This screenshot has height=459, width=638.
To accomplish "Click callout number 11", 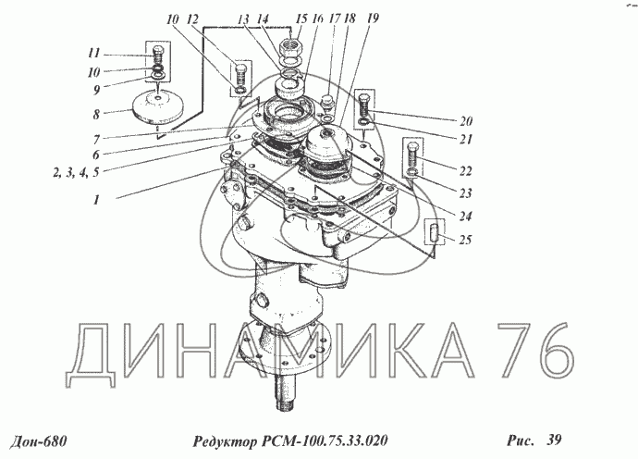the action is tap(94, 54).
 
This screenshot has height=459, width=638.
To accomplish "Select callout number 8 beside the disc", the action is tap(96, 115).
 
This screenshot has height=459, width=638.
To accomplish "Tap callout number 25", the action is tap(465, 240).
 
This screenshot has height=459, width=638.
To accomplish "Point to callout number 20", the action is tap(466, 121).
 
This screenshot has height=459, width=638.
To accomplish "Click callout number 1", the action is tap(96, 200).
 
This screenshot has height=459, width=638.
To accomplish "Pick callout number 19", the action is tap(373, 19).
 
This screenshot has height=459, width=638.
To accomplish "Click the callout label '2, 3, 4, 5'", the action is tap(76, 172).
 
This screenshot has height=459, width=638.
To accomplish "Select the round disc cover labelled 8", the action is tap(158, 105).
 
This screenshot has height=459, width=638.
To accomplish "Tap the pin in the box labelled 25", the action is tap(435, 231).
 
